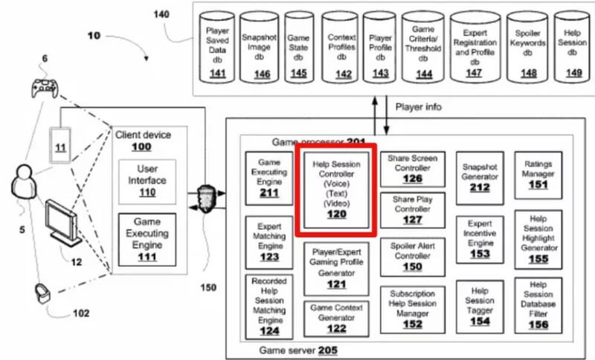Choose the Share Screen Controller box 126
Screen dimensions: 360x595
(411, 169)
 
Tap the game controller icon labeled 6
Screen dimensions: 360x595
(44, 88)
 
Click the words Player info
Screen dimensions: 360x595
(419, 106)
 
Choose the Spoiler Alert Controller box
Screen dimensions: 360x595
(411, 255)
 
